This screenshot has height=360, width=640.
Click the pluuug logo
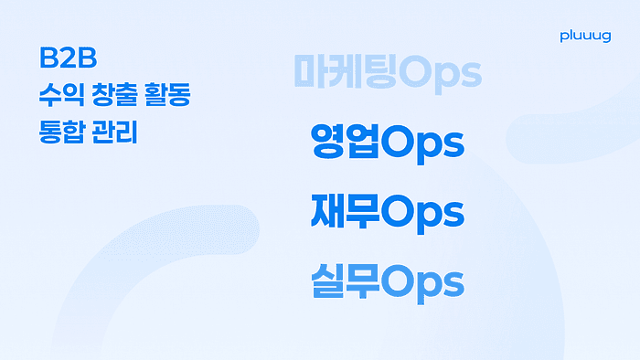click(x=585, y=37)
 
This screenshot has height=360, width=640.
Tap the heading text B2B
click(x=69, y=58)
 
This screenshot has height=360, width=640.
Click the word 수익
click(x=61, y=95)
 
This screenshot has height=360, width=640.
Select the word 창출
click(x=112, y=95)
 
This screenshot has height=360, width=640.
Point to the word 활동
click(x=167, y=95)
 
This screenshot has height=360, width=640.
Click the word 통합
click(x=62, y=132)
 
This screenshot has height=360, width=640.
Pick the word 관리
click(x=114, y=132)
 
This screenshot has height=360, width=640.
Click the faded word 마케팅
click(x=346, y=72)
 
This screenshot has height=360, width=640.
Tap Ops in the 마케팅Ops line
click(x=440, y=74)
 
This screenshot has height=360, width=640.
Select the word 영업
click(x=346, y=141)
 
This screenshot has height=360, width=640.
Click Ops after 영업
click(x=422, y=144)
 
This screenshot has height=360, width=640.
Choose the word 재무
click(x=346, y=211)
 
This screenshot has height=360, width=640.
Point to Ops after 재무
click(x=422, y=214)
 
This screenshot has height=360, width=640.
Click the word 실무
click(x=346, y=281)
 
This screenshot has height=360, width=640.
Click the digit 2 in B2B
click(x=69, y=58)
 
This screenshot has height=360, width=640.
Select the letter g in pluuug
click(x=606, y=37)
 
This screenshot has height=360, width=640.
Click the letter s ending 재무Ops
click(x=453, y=215)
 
